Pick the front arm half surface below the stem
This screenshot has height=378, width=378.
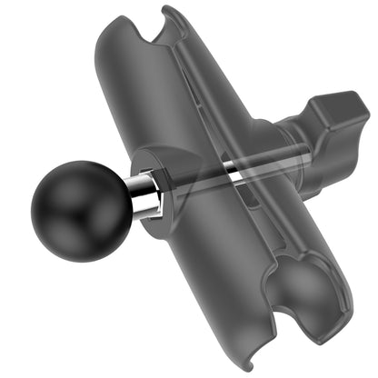tap(200, 273)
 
